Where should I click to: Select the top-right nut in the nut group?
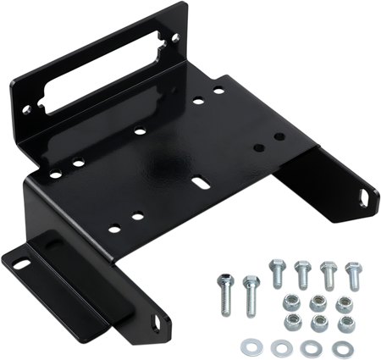(343, 303)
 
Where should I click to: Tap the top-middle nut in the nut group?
(318, 302)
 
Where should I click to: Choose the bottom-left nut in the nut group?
(292, 323)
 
